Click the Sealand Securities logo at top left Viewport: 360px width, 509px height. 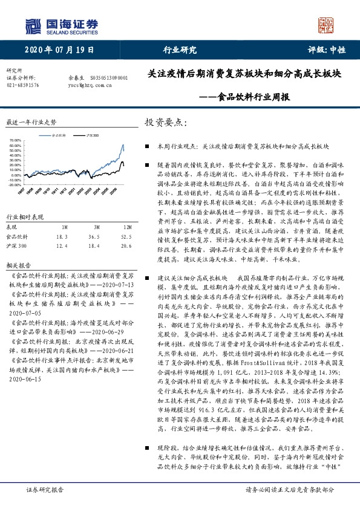60,26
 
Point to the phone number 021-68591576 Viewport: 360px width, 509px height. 22,86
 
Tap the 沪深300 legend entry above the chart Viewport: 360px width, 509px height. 93,134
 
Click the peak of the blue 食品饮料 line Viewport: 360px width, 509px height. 123,144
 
